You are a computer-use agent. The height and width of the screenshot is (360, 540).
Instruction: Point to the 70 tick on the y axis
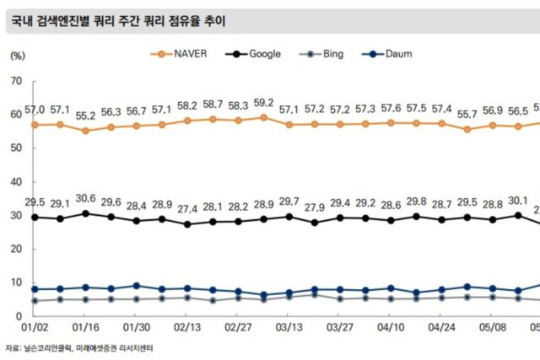pyautogui.click(x=16, y=81)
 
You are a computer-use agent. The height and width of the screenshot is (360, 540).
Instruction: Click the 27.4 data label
pyautogui.click(x=187, y=210)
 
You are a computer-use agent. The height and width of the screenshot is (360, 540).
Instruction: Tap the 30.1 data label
pyautogui.click(x=516, y=201)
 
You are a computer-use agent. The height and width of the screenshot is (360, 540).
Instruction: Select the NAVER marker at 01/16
pyautogui.click(x=85, y=131)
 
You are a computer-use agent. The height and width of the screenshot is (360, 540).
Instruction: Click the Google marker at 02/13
pyautogui.click(x=187, y=224)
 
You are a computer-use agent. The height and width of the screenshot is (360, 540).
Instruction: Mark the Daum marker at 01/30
pyautogui.click(x=137, y=286)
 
